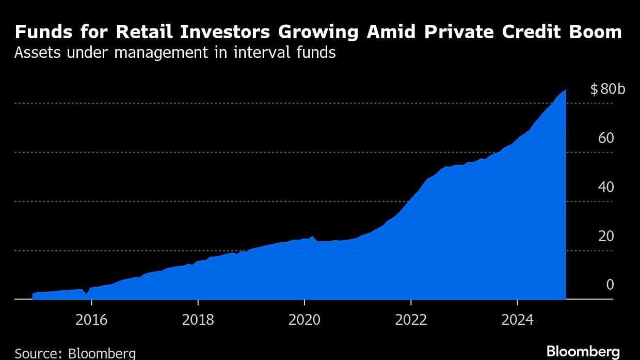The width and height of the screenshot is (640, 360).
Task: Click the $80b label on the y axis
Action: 607,89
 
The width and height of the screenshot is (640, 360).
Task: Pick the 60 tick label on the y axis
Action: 606,138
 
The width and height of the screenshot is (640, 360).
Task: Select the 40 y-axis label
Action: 606,187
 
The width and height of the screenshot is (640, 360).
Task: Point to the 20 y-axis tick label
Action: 606,236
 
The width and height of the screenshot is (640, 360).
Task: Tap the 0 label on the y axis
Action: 610,285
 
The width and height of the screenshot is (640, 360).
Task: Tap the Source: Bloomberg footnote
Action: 75,354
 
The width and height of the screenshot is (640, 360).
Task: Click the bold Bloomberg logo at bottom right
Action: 583,352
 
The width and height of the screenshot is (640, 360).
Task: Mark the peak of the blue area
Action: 566,90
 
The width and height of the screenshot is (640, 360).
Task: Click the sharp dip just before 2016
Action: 87,294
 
